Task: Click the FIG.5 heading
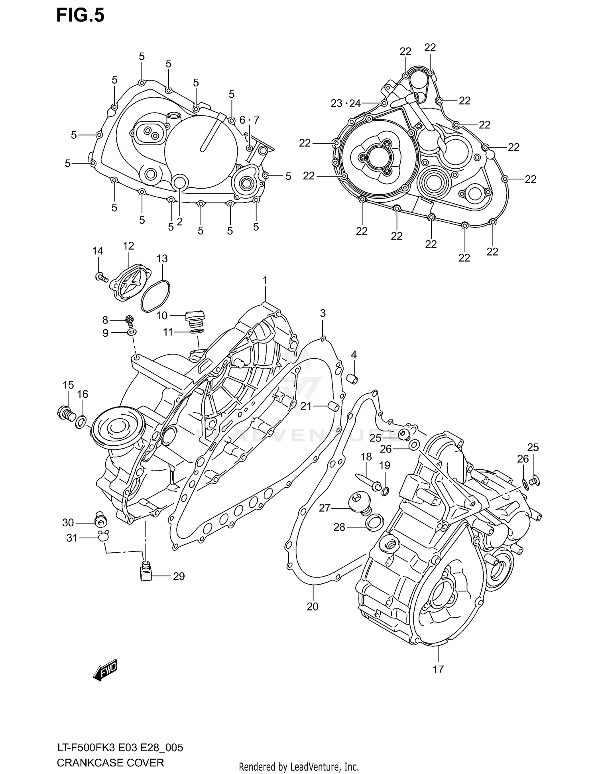pos(80,16)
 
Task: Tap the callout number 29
pos(179,576)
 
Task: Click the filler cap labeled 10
pos(195,319)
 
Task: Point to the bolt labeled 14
pos(102,277)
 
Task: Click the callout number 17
pos(438,670)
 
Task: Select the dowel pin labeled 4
pos(352,379)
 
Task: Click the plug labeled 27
pos(360,501)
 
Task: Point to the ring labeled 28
pos(375,522)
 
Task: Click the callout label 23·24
pos(345,104)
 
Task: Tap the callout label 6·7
pos(249,120)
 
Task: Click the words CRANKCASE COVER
pos(110,763)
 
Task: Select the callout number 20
pos(313,607)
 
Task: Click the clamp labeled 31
pos(103,535)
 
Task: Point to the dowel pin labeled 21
pos(333,407)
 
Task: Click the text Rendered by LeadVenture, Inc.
pos(299,766)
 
